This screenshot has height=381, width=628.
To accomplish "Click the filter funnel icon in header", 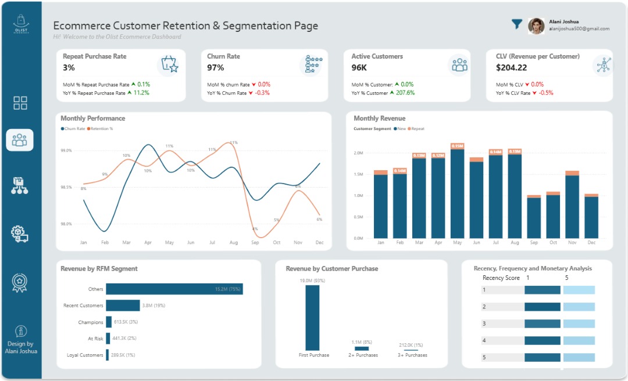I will pos(516,24).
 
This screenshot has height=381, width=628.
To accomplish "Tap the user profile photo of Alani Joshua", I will pos(536,26).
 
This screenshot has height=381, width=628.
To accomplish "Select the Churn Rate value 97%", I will pos(216,68).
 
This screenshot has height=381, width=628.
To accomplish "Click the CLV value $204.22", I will pos(511,68).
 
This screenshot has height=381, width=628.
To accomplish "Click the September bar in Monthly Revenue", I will pos(534,217).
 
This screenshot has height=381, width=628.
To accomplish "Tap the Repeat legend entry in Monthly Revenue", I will pos(416,128).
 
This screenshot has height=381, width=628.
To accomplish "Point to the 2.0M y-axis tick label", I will pos(358,153).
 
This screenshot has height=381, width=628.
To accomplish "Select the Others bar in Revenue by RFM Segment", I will pos(174,289).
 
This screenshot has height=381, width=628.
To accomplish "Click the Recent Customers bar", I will pos(123,305).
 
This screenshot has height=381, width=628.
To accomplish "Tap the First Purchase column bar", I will pos(313,317).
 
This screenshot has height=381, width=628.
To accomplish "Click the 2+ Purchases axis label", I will pos(363,355).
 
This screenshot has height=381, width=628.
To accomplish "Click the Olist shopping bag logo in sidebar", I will pos(20,24).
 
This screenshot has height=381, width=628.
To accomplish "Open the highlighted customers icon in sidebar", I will pos(20,140).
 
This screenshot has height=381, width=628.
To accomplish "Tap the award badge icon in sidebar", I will pos(20,282).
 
